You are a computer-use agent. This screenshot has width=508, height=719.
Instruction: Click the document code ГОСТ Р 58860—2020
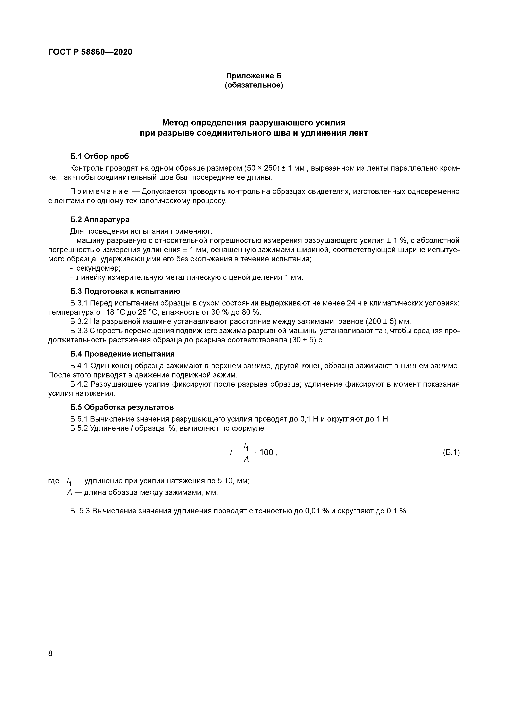[90, 52]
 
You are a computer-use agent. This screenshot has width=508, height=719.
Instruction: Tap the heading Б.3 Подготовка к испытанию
[125, 291]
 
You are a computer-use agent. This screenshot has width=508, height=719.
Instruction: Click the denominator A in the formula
[246, 460]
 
